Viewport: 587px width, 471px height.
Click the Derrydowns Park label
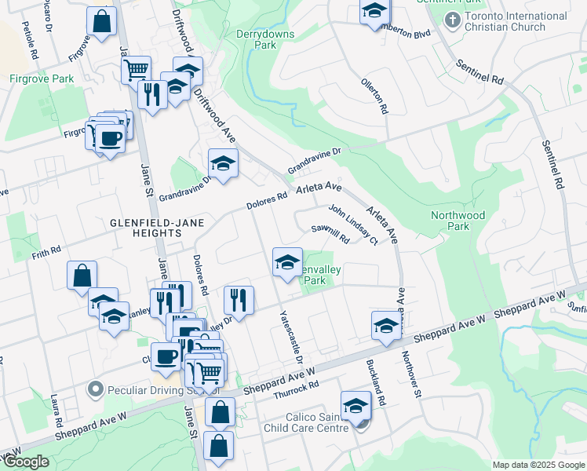(x=257, y=39)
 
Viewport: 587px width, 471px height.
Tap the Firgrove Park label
(x=42, y=78)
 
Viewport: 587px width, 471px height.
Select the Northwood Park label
(x=458, y=221)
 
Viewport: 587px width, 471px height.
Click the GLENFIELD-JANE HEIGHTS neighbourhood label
(x=157, y=228)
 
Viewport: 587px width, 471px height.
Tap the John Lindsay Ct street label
(x=353, y=225)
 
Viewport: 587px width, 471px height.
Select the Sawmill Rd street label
(x=330, y=233)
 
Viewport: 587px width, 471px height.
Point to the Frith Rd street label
(x=46, y=252)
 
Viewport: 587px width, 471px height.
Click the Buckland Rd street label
(x=377, y=382)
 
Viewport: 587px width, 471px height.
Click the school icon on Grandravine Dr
(x=223, y=163)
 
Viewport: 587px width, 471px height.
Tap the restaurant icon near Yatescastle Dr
(x=239, y=300)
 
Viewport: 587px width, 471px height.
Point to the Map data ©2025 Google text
(x=538, y=465)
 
